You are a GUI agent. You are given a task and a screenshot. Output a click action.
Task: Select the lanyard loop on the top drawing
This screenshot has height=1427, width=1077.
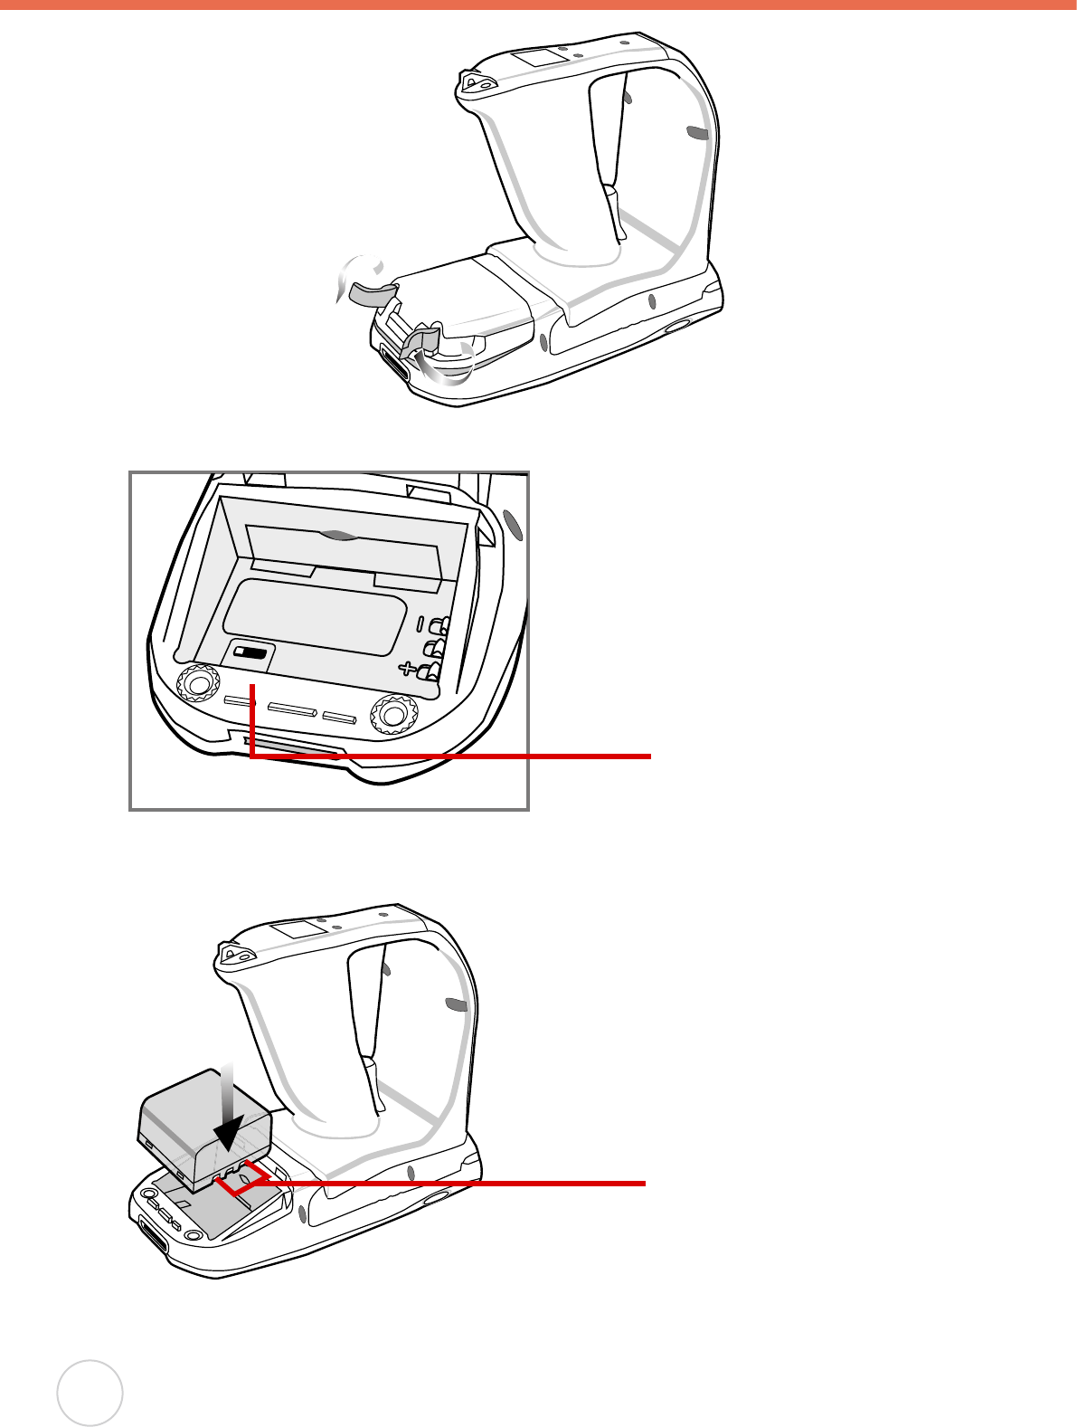[x=476, y=82]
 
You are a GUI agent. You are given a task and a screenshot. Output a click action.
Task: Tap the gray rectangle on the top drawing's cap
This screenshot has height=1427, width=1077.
[x=536, y=58]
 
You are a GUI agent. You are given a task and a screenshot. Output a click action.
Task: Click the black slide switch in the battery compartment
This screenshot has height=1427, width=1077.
[x=252, y=652]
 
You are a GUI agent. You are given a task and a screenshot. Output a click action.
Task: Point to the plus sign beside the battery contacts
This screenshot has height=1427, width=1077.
[x=408, y=670]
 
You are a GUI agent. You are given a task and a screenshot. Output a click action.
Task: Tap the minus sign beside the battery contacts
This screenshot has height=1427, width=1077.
[x=420, y=623]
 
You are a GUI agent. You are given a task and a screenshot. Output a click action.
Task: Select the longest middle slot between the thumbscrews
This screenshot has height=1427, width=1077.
[x=291, y=710]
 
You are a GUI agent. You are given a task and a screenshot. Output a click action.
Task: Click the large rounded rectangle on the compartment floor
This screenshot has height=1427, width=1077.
[x=314, y=615]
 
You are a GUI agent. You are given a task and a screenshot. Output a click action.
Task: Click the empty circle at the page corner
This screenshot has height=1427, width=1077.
[x=90, y=1393]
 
